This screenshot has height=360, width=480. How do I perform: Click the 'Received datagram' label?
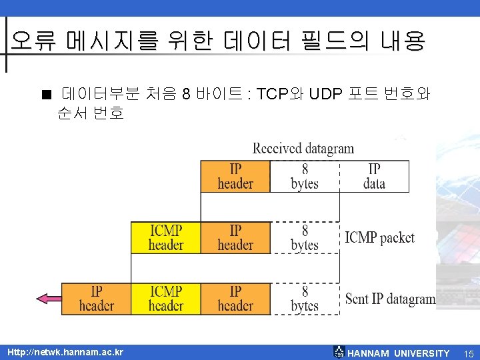[x=303, y=148]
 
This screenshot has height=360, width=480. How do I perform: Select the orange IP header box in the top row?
[x=235, y=176]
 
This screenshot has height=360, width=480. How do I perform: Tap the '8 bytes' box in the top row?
[x=305, y=176]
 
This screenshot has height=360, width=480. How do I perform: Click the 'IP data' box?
[x=374, y=176]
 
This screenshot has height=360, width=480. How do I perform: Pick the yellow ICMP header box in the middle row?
[x=166, y=238]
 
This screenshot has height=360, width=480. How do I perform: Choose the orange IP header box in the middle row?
[x=235, y=238]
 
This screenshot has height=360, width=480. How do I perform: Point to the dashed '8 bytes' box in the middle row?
[x=305, y=238]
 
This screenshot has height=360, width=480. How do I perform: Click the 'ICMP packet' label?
[x=379, y=237]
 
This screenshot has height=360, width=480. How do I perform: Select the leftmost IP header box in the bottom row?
[x=96, y=299]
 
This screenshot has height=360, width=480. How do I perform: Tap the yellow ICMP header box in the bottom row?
[x=166, y=299]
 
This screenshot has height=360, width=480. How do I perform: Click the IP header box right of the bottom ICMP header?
[x=235, y=299]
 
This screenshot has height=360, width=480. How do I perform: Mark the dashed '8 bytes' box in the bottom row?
[x=305, y=299]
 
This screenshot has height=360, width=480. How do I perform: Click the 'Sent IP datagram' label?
[x=390, y=299]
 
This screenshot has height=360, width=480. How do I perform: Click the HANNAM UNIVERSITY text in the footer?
[x=399, y=353]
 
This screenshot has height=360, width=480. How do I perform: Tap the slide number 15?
[x=469, y=353]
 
